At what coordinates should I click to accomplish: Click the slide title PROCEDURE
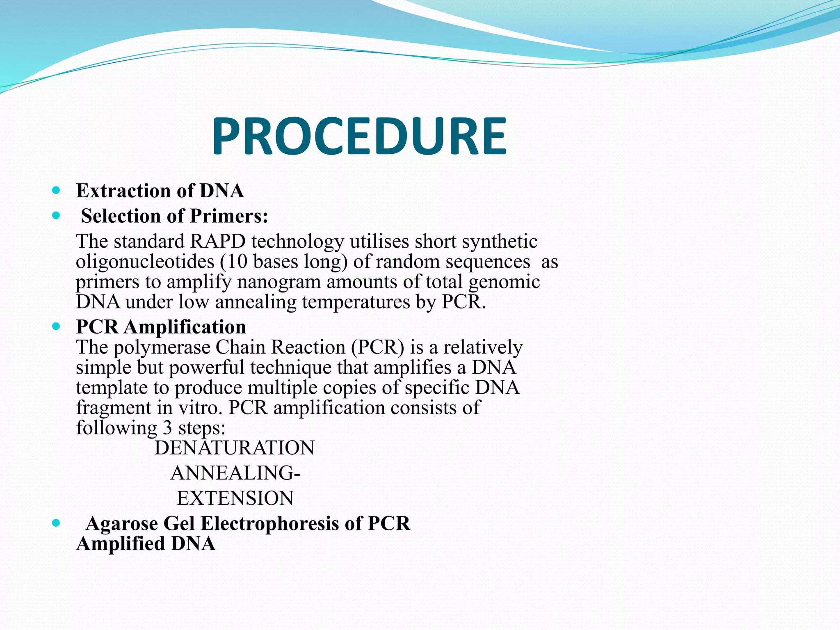click(x=359, y=136)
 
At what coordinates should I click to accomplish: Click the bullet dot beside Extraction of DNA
click(x=57, y=190)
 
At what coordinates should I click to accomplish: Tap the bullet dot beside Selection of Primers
click(x=57, y=215)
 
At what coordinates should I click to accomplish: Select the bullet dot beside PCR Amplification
click(x=57, y=326)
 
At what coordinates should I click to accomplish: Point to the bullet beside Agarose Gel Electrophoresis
click(x=57, y=523)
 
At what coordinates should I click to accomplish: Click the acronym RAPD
click(x=217, y=241)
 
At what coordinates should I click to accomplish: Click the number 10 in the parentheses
click(x=236, y=262)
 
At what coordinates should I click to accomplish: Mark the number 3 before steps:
click(x=167, y=428)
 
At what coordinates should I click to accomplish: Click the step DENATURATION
click(x=234, y=448)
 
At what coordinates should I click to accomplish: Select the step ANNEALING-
click(x=235, y=473)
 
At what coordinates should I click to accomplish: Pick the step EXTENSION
click(x=235, y=498)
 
